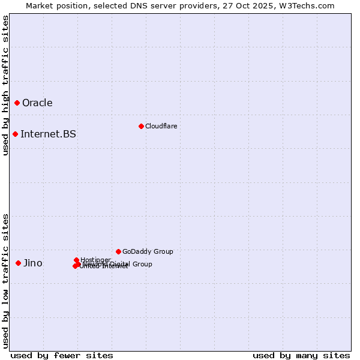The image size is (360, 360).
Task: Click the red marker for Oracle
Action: coord(17,103)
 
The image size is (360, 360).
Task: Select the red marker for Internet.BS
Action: coord(16,134)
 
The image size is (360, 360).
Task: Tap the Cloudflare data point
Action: coord(141,126)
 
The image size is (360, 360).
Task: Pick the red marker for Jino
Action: coord(19,263)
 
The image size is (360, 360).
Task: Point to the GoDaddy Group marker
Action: coord(118,251)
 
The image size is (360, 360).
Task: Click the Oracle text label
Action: coord(37,103)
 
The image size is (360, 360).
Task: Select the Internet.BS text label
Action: coord(48,134)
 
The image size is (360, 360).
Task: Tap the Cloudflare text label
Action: coord(161,126)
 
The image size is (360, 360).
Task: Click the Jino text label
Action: coord(33,263)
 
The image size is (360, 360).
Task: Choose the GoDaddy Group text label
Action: coord(148,251)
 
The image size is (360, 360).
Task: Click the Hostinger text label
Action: coord(95,260)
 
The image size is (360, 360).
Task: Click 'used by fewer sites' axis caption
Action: coord(62,355)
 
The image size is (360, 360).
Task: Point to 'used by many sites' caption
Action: coord(301,355)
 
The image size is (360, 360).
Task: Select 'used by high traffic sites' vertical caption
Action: coord(5,85)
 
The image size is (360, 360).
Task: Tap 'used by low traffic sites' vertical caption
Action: coord(5,280)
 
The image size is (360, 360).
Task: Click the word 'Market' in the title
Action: coord(40,5)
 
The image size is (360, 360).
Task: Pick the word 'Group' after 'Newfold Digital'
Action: coord(142,264)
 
